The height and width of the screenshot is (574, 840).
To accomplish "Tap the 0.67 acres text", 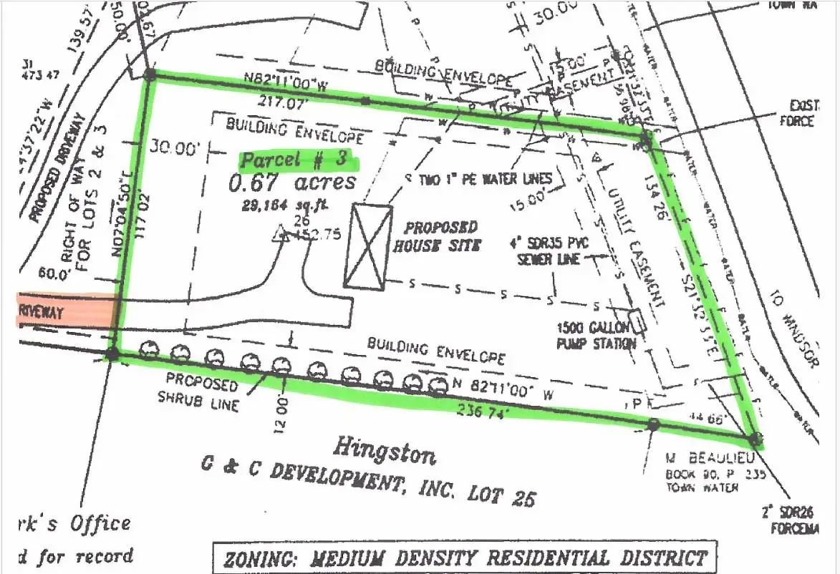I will [292, 183].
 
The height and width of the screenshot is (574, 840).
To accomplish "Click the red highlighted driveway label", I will [66, 312].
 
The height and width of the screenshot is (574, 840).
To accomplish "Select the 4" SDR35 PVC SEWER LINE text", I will [553, 250].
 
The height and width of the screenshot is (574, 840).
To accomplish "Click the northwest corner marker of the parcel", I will [150, 74].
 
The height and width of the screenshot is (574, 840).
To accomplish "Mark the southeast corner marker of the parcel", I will [754, 439].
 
